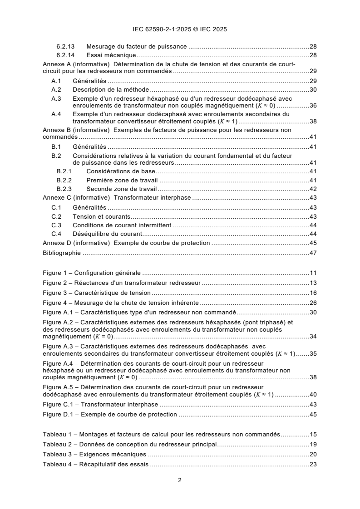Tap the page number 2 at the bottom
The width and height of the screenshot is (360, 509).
180,480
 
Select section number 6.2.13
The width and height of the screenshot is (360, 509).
65,47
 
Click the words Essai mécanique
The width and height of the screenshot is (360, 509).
105,55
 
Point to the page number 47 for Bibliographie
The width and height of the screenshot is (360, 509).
313,253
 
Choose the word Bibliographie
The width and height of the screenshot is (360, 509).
61,253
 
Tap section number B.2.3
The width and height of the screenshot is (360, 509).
64,189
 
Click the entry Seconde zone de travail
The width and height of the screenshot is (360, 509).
122,189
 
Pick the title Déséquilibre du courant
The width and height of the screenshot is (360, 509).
108,234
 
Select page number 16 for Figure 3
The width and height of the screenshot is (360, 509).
313,293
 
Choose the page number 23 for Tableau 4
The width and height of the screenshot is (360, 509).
313,464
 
